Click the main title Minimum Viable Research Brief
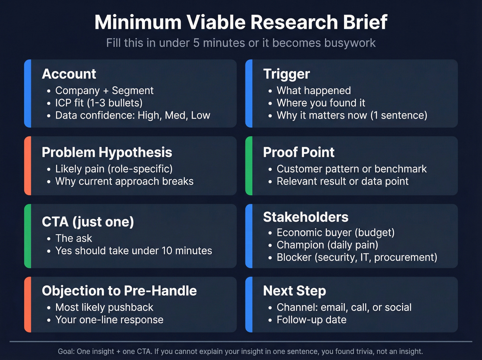(241, 22)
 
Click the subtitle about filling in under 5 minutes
(241, 43)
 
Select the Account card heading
(69, 74)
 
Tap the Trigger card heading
(286, 74)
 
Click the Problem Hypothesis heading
(107, 152)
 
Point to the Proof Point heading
(298, 152)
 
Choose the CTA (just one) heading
(88, 222)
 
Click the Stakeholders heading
(306, 217)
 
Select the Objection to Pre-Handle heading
(119, 291)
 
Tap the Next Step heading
(294, 291)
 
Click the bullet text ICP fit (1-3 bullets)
(99, 103)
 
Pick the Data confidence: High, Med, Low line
(133, 115)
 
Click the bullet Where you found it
(321, 103)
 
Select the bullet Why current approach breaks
(124, 181)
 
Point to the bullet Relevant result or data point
(343, 181)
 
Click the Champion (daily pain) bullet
(327, 245)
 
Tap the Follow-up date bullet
(312, 320)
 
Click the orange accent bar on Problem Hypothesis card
(28, 166)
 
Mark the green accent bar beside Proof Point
(249, 166)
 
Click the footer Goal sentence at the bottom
(240, 351)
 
